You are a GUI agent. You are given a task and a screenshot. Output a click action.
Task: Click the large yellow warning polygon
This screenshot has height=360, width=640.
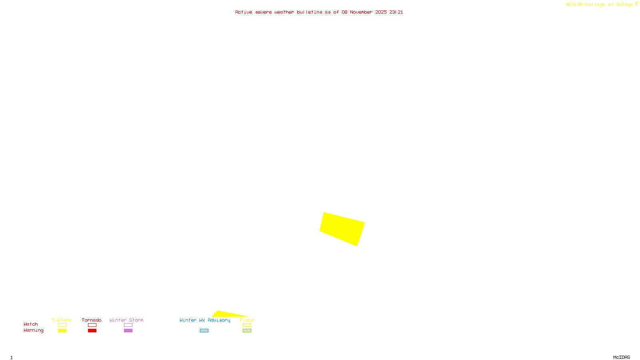click(x=342, y=229)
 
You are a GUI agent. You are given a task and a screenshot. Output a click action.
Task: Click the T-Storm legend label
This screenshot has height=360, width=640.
click(x=62, y=320)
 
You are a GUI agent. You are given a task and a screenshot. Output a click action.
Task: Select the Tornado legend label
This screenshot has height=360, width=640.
click(x=92, y=320)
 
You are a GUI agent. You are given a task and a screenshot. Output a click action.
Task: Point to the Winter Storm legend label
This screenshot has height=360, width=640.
click(x=126, y=320)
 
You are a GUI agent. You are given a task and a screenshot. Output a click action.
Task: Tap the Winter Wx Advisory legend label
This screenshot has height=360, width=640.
click(x=205, y=320)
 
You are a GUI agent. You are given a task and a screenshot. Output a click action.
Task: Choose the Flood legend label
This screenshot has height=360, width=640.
click(x=247, y=320)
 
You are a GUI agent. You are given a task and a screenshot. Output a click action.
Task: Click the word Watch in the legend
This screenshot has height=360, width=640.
click(x=31, y=324)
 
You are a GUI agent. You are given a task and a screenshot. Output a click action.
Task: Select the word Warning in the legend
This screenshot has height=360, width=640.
click(x=34, y=330)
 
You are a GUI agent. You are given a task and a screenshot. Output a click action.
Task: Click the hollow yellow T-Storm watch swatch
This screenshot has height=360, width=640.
click(x=62, y=325)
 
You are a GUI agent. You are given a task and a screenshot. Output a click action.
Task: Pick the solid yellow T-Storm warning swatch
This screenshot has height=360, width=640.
click(x=62, y=331)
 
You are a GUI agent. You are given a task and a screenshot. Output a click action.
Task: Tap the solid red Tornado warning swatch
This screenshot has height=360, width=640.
click(x=92, y=331)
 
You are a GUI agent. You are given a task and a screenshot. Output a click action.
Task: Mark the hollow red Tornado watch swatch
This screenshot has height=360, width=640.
click(x=92, y=325)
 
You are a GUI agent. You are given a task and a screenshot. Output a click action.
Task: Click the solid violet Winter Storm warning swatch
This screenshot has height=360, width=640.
click(x=128, y=331)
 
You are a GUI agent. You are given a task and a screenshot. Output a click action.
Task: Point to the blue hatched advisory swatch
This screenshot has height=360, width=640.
click(x=204, y=331)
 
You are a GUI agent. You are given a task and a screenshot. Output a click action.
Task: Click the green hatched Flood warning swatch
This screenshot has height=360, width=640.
click(x=247, y=331)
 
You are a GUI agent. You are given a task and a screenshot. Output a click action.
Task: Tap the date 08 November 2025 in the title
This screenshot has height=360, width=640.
click(x=364, y=12)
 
